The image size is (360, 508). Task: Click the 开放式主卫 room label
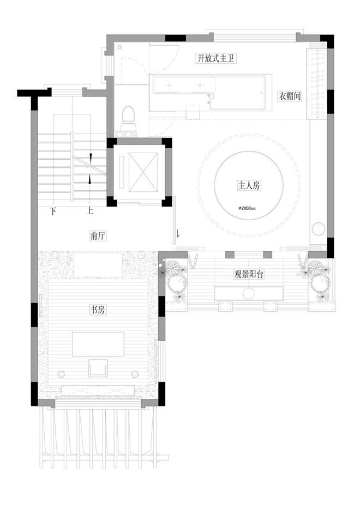pyautogui.click(x=215, y=59)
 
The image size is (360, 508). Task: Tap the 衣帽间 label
pyautogui.click(x=290, y=96)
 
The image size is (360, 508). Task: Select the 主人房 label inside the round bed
pyautogui.click(x=249, y=186)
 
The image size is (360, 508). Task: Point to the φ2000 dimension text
pyautogui.click(x=247, y=208)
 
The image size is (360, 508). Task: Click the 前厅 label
pyautogui.click(x=98, y=236)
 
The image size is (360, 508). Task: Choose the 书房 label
pyautogui.click(x=98, y=310)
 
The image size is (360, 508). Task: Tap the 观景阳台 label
pyautogui.click(x=249, y=274)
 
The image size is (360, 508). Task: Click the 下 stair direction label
pyautogui.click(x=53, y=211)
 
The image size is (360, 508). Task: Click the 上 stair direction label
pyautogui.click(x=90, y=211)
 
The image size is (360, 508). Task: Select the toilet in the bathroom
pyautogui.click(x=128, y=118)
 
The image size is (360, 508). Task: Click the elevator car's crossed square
pyautogui.click(x=143, y=172)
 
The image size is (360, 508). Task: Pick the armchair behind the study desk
pyautogui.click(x=98, y=368)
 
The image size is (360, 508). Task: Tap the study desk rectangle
pyautogui.click(x=98, y=344)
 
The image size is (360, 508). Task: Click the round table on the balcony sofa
pyautogui.click(x=249, y=294)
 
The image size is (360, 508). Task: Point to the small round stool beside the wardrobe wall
pyautogui.click(x=319, y=229)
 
